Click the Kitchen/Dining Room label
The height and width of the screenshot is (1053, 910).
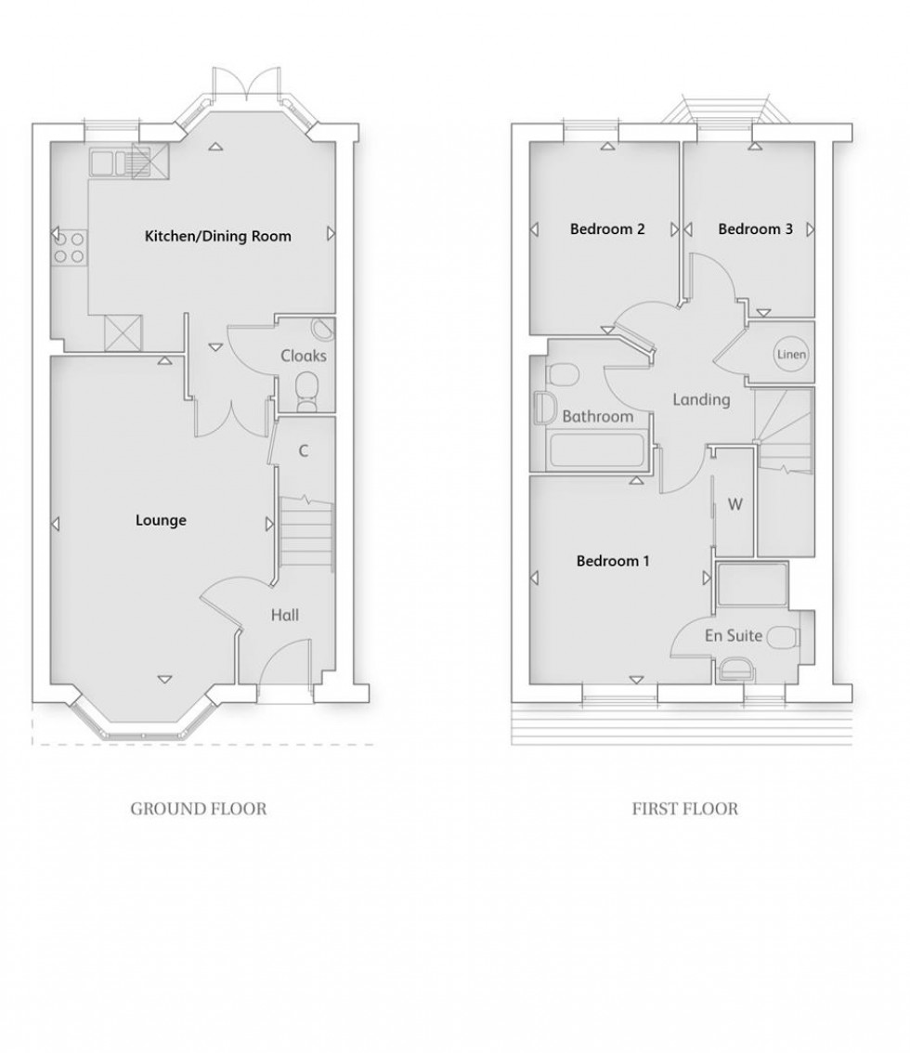[217, 237]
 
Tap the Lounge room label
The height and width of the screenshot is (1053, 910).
[161, 520]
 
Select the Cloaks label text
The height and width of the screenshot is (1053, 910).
[304, 356]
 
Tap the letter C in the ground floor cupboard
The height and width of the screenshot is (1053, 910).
[303, 451]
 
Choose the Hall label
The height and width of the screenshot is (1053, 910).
[284, 615]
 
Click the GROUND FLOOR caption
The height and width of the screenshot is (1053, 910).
[198, 809]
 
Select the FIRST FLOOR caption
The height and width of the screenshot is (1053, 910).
[685, 809]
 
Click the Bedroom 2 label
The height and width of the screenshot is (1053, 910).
[607, 228]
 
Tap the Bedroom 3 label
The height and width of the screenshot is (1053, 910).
[755, 228]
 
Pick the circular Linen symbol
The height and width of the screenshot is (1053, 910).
[791, 355]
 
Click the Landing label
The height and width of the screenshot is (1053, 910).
[701, 400]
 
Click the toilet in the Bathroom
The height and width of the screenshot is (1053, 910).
[563, 375]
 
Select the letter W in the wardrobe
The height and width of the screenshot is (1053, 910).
[735, 505]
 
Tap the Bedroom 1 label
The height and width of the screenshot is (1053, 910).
[613, 561]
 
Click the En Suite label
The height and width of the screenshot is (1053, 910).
[733, 636]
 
